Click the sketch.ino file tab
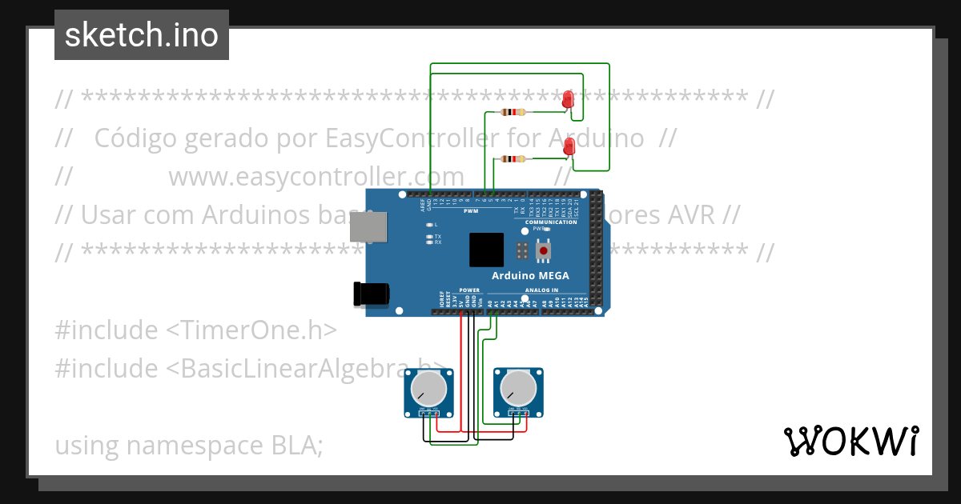point(142,35)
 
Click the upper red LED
point(568,99)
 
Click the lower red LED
point(569,146)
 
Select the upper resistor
point(512,112)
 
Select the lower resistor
point(512,158)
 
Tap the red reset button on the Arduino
point(544,251)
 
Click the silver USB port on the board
point(368,226)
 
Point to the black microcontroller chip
point(486,250)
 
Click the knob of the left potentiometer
point(428,390)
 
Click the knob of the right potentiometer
point(517,390)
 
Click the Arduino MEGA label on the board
point(531,275)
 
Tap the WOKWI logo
point(850,441)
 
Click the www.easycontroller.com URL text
point(316,176)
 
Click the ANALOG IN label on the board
point(542,290)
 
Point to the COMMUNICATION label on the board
point(551,222)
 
